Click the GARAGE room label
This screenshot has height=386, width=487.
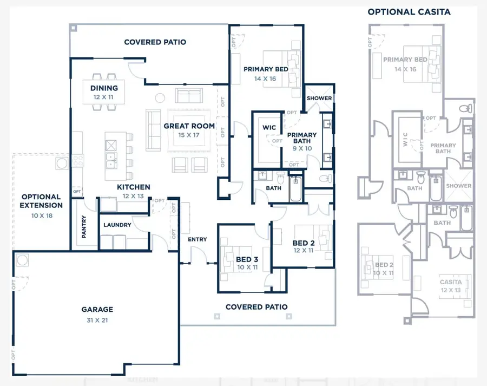[x=97, y=310]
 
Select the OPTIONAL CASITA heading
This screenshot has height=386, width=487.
[x=409, y=12]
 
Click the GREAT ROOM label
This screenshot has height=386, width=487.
[x=189, y=126]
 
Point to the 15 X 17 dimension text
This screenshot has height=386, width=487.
[x=189, y=135]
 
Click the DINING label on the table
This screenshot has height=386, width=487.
[x=104, y=88]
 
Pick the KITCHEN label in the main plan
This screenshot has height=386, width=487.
[x=134, y=187]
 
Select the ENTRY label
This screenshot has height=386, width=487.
[x=197, y=239]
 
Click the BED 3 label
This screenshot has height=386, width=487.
[x=247, y=259]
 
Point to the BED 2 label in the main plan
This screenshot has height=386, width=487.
[x=304, y=243]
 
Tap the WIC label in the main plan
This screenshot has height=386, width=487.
[x=269, y=128]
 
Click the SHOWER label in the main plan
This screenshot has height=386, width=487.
[x=319, y=98]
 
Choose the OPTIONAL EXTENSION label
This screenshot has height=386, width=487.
[x=41, y=201]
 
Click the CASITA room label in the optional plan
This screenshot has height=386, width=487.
[x=450, y=282]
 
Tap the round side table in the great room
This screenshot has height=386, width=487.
[x=160, y=98]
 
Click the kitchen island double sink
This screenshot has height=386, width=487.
[x=113, y=159]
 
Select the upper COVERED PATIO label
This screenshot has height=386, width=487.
[x=155, y=42]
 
